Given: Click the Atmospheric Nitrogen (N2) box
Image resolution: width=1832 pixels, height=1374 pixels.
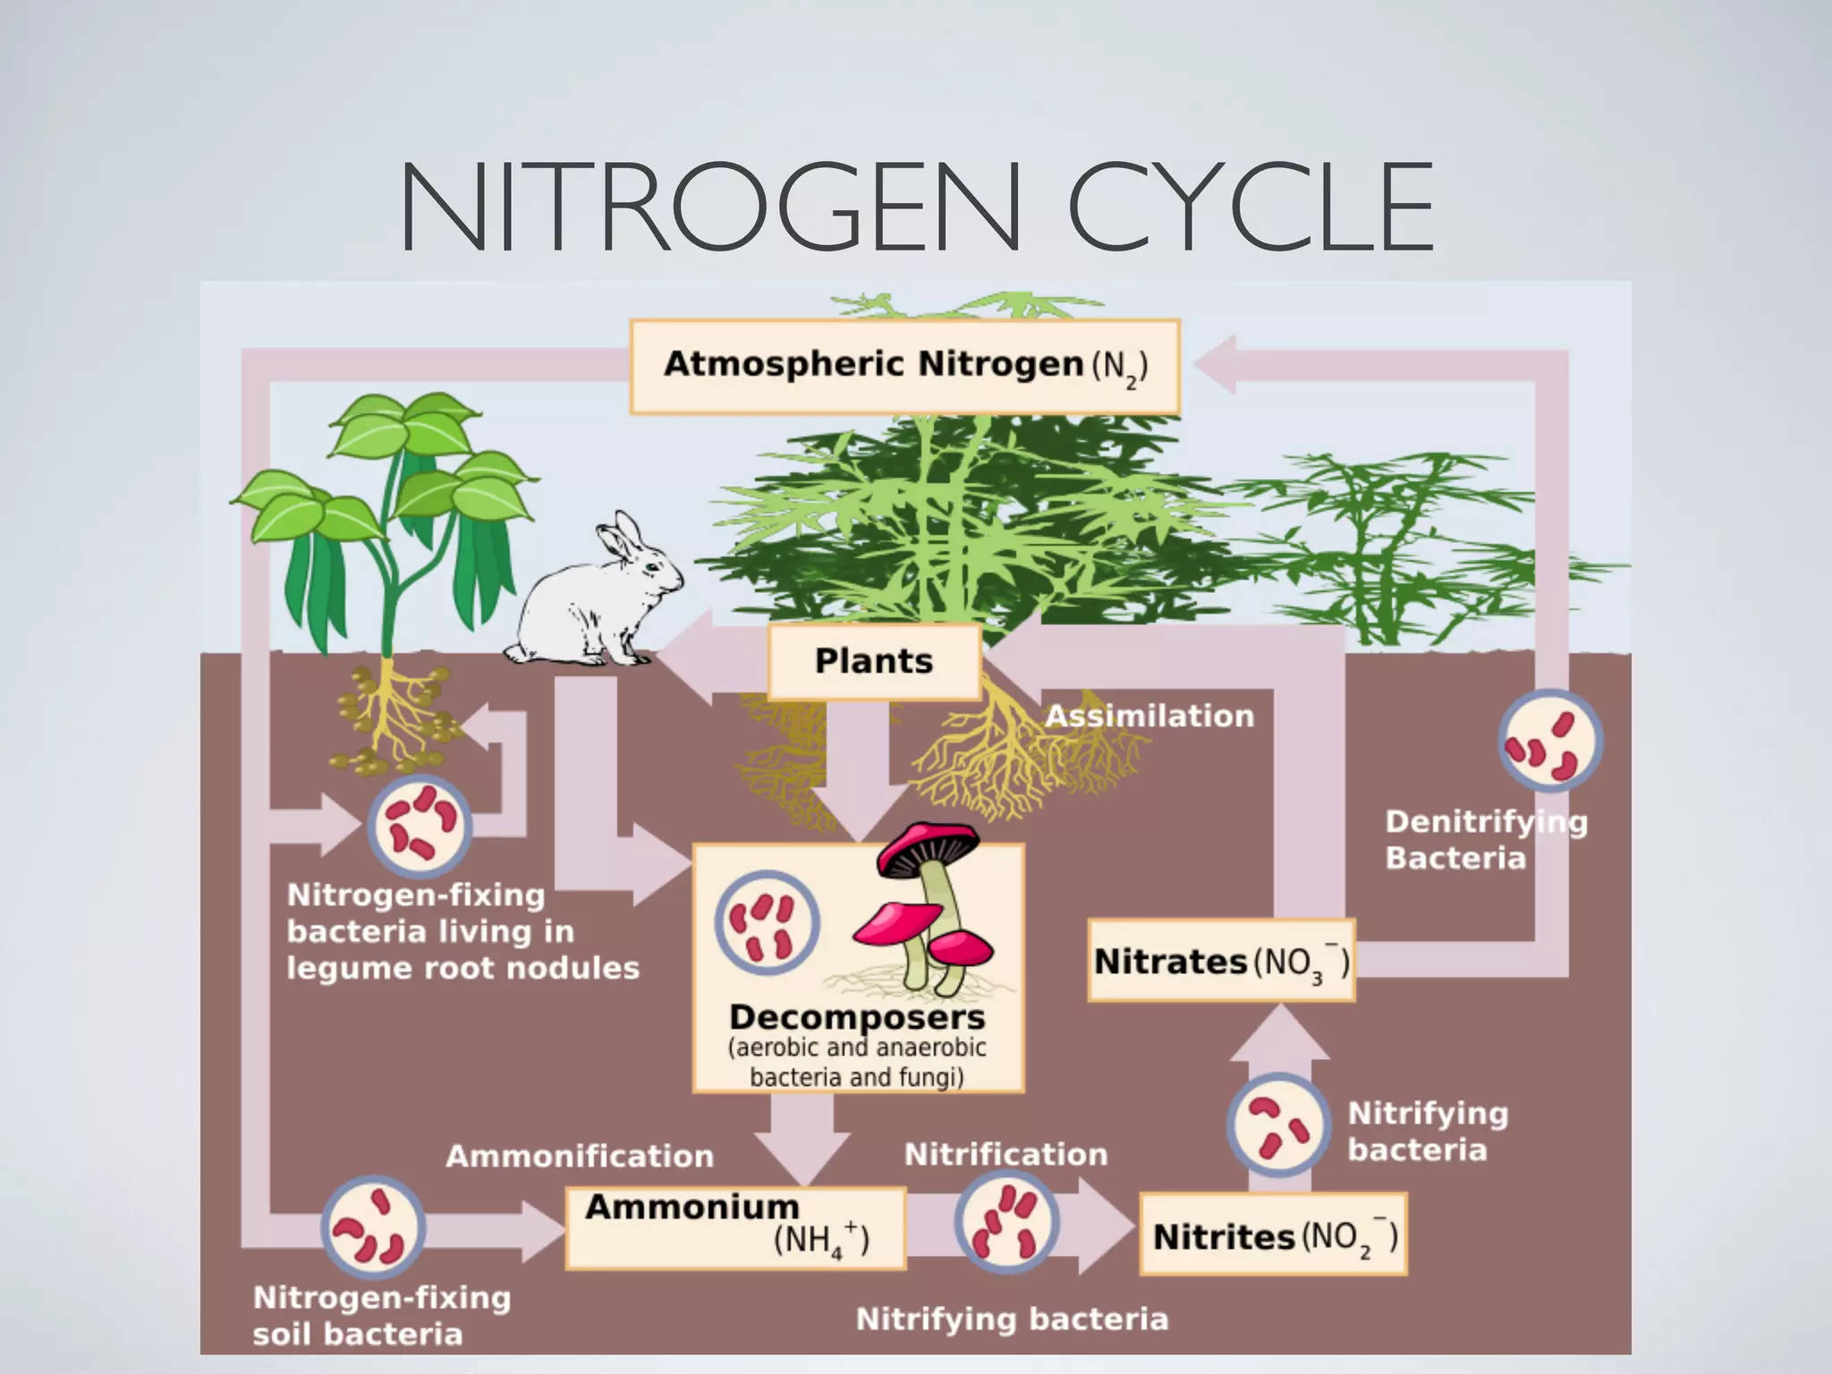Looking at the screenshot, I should click(904, 366).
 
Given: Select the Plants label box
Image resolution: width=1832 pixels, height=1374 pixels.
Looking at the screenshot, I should click(874, 661).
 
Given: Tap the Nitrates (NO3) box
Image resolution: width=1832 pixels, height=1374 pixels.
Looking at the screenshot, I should click(1221, 961).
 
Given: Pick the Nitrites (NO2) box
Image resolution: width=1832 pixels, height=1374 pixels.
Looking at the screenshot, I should click(1273, 1235).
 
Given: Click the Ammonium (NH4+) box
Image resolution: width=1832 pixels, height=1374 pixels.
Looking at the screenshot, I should click(735, 1226).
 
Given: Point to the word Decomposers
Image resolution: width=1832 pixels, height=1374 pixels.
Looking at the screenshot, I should click(856, 1017).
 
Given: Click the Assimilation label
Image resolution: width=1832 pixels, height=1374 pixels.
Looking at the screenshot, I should click(1149, 716).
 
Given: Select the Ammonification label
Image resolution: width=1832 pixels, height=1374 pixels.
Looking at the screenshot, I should click(580, 1156).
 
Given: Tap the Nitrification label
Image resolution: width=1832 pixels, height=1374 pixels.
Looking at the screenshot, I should click(1005, 1154).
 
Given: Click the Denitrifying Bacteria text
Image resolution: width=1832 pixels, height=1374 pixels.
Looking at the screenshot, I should click(1485, 839).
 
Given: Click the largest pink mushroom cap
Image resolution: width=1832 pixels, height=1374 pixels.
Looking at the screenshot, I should click(927, 845).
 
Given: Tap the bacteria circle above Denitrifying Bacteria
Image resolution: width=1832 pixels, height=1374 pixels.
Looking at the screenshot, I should click(1550, 741).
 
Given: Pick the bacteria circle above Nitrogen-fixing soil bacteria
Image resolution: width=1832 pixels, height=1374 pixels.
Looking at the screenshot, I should click(373, 1227).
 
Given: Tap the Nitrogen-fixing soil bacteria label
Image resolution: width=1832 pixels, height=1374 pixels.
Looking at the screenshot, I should click(381, 1315).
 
